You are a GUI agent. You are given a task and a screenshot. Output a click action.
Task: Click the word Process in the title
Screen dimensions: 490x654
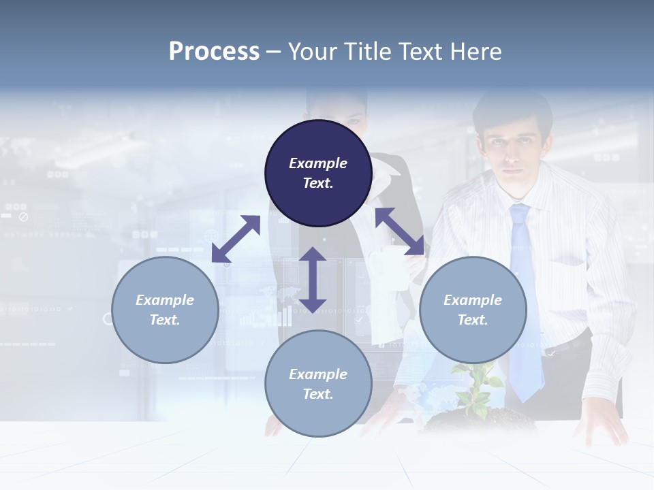coord(214,52)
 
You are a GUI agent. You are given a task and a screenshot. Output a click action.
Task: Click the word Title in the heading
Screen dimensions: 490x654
coord(365,52)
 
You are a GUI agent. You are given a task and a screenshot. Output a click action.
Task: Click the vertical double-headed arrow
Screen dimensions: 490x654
coord(313,280)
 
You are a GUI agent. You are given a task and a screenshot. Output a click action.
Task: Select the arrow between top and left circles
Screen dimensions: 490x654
coord(236,239)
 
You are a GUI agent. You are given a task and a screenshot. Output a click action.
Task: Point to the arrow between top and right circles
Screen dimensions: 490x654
coord(399,231)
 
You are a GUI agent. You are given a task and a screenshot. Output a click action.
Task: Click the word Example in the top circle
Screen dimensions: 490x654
coord(318,163)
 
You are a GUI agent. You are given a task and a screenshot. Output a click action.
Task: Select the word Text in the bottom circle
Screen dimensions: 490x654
coord(317,394)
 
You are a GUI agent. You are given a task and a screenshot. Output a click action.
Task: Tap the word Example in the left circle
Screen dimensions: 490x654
coord(165,300)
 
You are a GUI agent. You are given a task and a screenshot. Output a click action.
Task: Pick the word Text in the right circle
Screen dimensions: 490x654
coord(472,320)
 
